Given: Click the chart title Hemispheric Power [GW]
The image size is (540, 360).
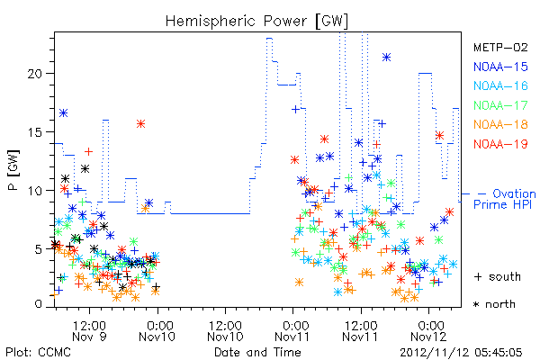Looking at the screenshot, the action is (x=256, y=22).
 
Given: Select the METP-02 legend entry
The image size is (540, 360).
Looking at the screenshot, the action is (x=500, y=47).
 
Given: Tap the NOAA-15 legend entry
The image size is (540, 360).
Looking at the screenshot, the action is (x=500, y=67).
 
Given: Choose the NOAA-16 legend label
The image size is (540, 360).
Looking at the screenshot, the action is (x=500, y=85).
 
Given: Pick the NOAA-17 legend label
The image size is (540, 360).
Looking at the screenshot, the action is (x=500, y=105).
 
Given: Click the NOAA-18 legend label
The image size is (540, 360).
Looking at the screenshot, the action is (x=500, y=124).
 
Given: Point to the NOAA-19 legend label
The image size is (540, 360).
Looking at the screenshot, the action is (x=500, y=144).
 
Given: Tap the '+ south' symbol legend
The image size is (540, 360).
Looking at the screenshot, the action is (x=498, y=276).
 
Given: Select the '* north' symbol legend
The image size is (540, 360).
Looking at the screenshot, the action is (x=494, y=304).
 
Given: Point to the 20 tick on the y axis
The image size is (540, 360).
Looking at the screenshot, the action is (x=35, y=74).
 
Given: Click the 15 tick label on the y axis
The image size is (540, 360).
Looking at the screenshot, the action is (x=35, y=132).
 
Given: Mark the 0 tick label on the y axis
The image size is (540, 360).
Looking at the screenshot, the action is (x=39, y=304).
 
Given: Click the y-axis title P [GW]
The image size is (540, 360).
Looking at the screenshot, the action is (x=14, y=170).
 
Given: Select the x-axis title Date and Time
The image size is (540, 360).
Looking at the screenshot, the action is (x=257, y=352).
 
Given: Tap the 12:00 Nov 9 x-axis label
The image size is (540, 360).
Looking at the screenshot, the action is (x=89, y=330).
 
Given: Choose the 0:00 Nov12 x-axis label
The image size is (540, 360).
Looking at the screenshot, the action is (x=428, y=330).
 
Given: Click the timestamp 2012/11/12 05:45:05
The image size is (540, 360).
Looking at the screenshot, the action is (x=461, y=353).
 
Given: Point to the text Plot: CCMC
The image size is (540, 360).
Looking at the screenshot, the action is (x=38, y=353).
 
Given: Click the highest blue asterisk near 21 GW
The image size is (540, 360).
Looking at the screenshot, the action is (x=386, y=58).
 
